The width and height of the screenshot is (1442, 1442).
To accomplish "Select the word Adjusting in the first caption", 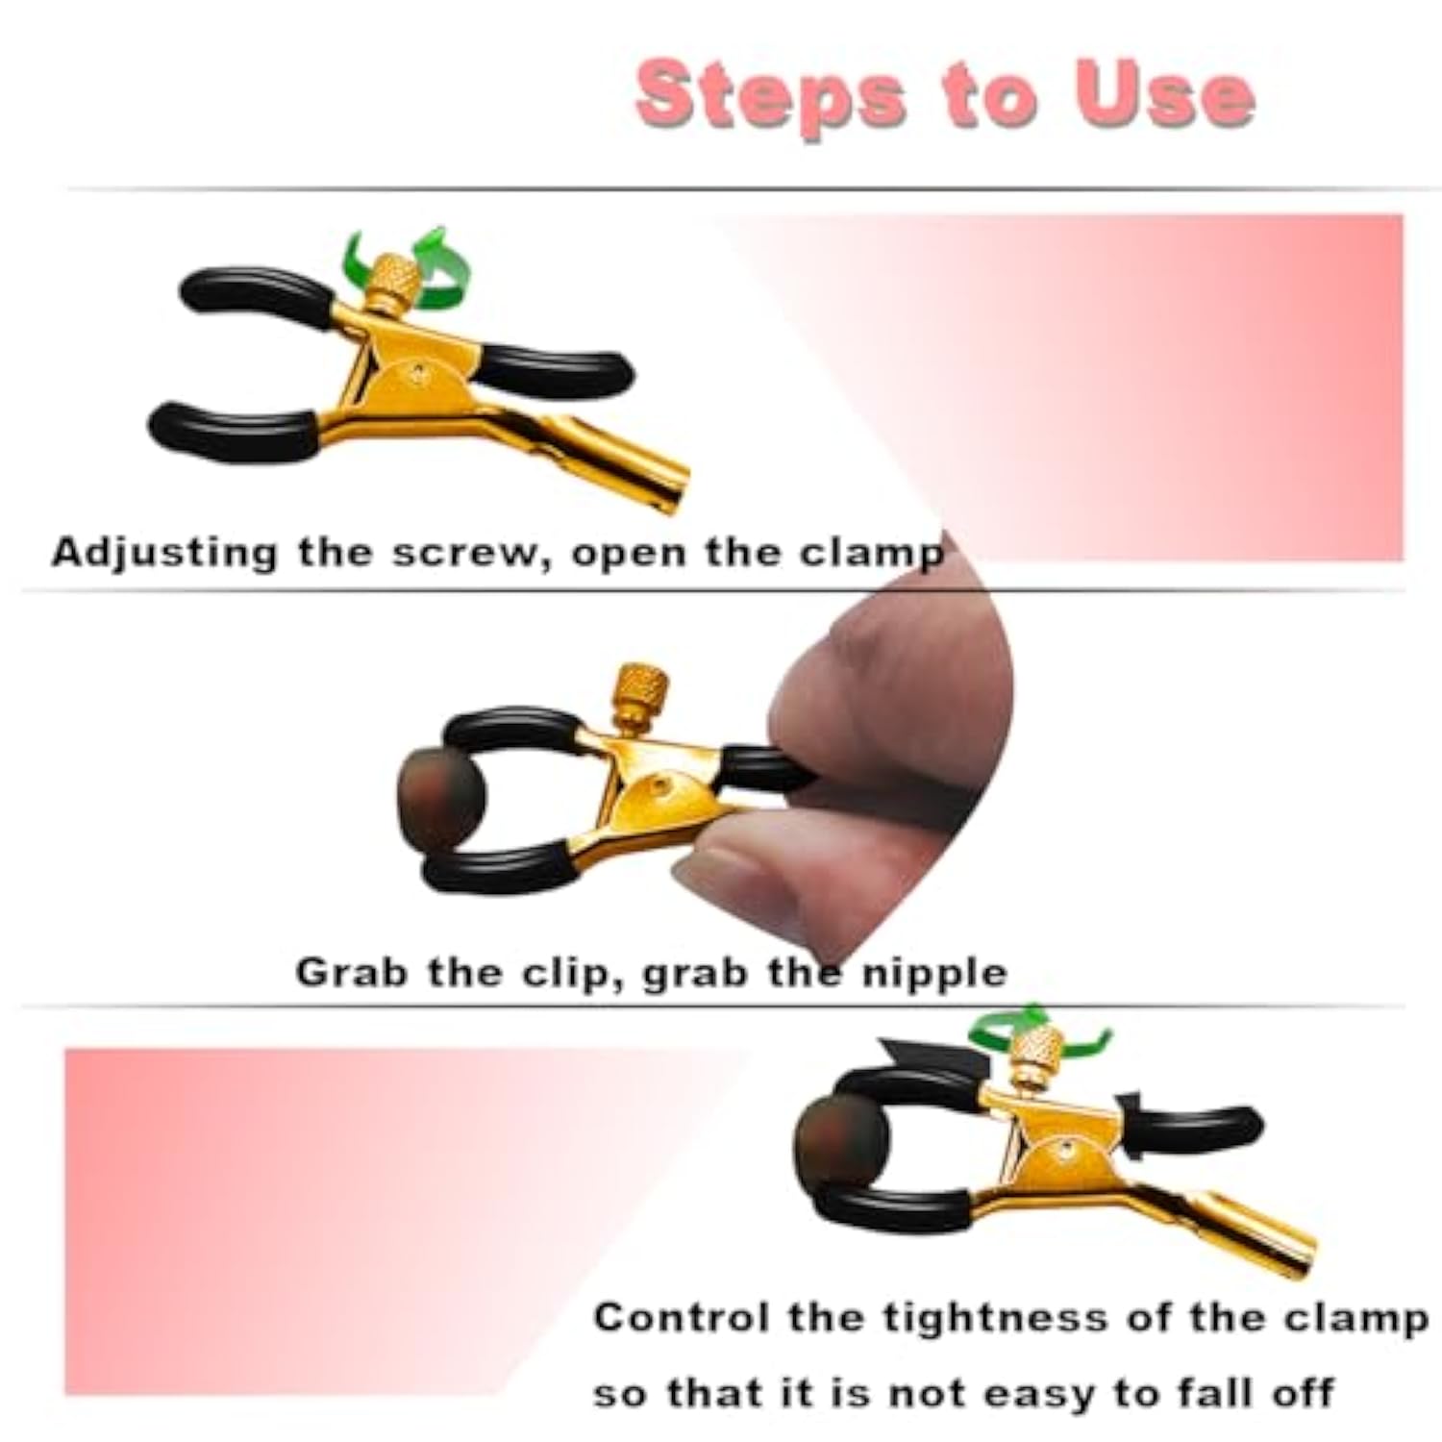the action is click(x=164, y=554).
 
